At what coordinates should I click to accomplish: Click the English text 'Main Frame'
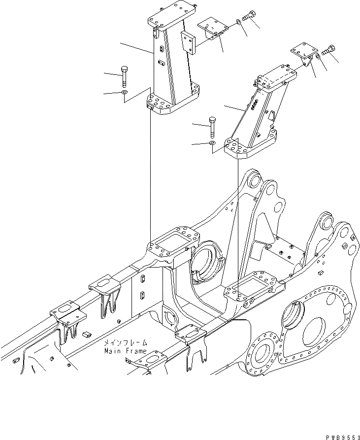(x=125, y=351)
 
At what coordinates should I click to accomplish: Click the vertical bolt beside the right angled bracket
(x=212, y=128)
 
